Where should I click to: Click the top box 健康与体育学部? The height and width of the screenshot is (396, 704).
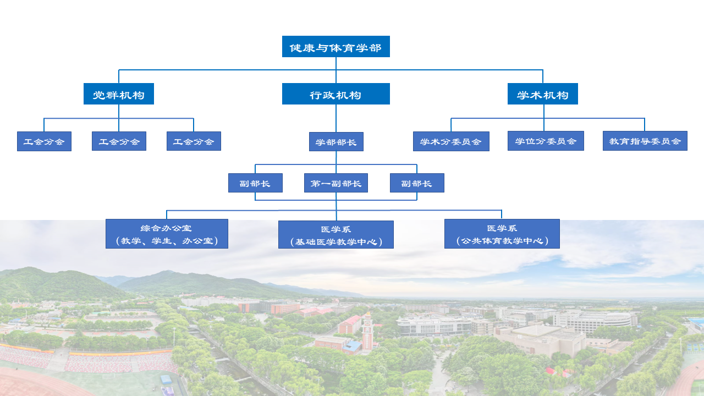pyautogui.click(x=335, y=47)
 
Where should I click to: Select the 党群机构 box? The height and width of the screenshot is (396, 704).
pyautogui.click(x=118, y=94)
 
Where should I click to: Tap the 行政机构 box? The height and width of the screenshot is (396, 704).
pyautogui.click(x=335, y=94)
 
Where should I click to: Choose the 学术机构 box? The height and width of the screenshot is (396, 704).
pyautogui.click(x=542, y=94)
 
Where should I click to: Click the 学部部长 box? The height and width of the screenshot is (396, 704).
pyautogui.click(x=335, y=142)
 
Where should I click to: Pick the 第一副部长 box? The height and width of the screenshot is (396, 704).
pyautogui.click(x=335, y=183)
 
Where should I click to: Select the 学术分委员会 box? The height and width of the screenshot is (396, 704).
pyautogui.click(x=450, y=141)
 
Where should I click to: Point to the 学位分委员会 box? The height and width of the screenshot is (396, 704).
pyautogui.click(x=545, y=141)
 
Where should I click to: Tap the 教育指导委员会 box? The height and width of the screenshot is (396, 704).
pyautogui.click(x=645, y=141)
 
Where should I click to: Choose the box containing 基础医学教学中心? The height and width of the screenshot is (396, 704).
pyautogui.click(x=335, y=235)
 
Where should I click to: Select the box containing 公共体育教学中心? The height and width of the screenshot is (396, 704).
pyautogui.click(x=502, y=234)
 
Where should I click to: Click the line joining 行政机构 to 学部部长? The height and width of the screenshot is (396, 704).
pyautogui.click(x=336, y=118)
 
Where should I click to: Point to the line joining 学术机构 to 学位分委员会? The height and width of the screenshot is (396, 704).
pyautogui.click(x=544, y=118)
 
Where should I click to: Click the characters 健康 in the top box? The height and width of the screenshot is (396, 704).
pyautogui.click(x=301, y=48)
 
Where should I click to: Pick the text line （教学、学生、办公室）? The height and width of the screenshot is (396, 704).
pyautogui.click(x=166, y=241)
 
